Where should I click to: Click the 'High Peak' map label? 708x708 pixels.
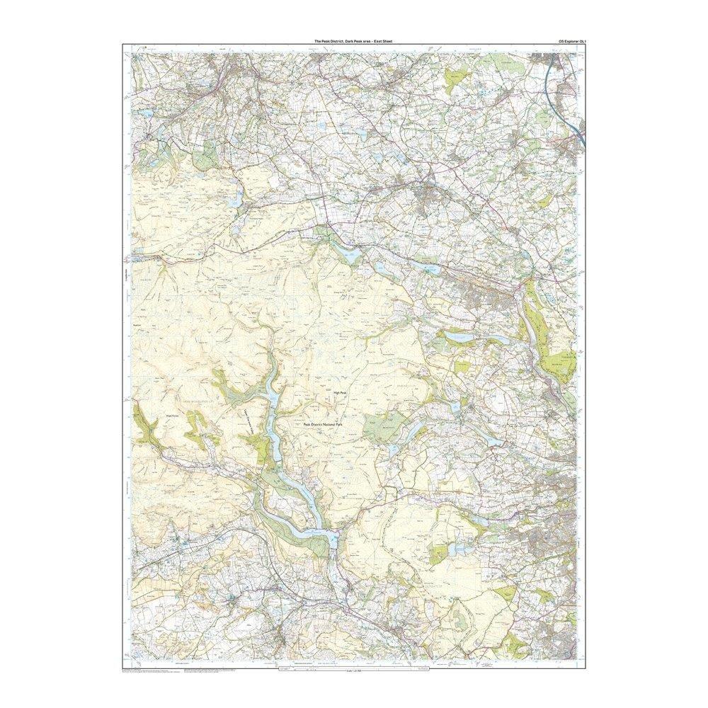[x=341, y=392]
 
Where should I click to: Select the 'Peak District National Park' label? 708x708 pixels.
[x=322, y=424]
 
